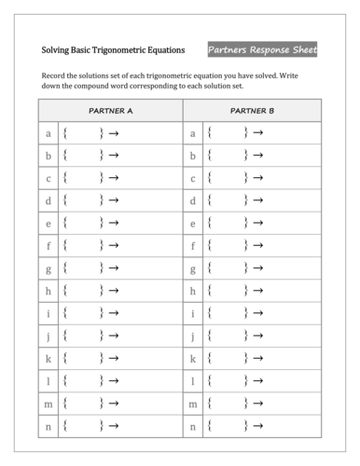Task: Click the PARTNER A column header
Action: coord(110,110)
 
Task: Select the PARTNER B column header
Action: coord(252,110)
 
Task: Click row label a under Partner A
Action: coord(48,133)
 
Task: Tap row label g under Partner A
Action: coord(48,268)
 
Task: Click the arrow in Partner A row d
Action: coord(114,200)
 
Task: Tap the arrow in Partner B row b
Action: coord(258,156)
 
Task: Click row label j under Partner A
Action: coord(48,336)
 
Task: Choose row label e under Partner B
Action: coord(193,224)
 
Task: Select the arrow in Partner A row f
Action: coord(114,246)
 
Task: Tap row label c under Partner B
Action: coord(193,178)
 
